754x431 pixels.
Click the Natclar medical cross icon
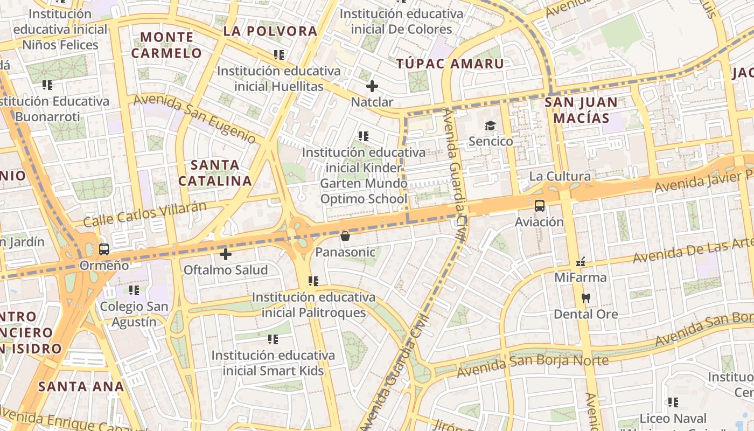tap(372, 86)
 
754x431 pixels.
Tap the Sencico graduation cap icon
tap(490, 126)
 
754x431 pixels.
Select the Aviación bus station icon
tap(539, 206)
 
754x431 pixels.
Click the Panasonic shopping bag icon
tap(345, 236)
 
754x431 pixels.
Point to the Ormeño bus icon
tap(104, 249)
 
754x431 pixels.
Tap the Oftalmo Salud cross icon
tap(226, 254)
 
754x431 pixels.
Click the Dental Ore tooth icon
tap(586, 298)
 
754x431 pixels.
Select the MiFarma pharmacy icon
tap(581, 262)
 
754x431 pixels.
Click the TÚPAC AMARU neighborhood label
tap(450, 64)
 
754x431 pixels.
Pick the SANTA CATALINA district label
tap(215, 173)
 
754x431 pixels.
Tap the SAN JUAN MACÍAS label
tap(581, 110)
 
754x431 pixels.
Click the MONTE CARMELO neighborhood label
tap(166, 45)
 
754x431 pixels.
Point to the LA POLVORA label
tap(270, 31)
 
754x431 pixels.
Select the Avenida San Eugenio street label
tap(194, 119)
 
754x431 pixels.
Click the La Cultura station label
tap(560, 176)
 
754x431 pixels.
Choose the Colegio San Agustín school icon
tap(134, 290)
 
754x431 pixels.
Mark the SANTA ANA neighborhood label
tap(81, 386)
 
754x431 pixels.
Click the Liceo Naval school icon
tap(673, 402)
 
